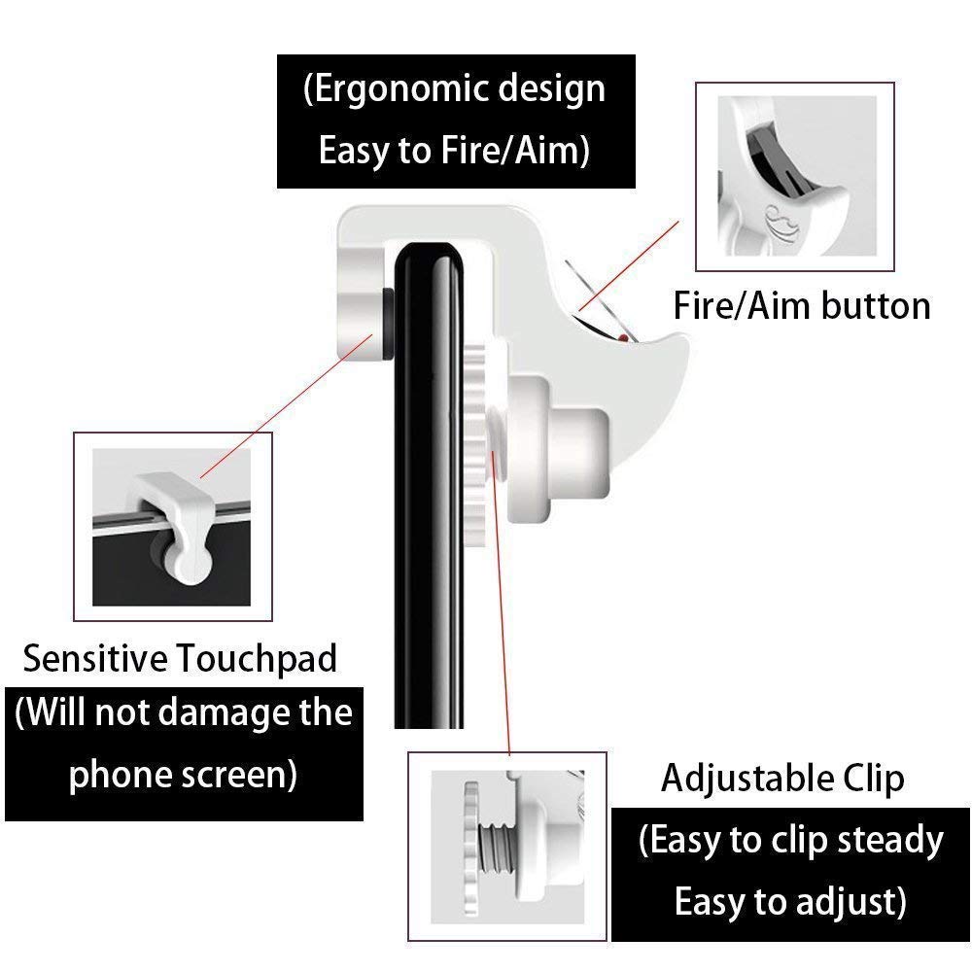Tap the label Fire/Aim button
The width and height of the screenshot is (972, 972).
click(802, 305)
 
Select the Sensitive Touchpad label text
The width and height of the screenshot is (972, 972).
click(180, 658)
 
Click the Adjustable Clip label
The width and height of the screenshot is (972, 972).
click(782, 778)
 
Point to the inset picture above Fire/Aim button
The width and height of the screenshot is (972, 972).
click(793, 176)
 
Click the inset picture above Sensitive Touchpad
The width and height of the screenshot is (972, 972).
click(171, 525)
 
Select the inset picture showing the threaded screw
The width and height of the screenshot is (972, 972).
click(506, 846)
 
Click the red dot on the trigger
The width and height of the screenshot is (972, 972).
click(621, 337)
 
